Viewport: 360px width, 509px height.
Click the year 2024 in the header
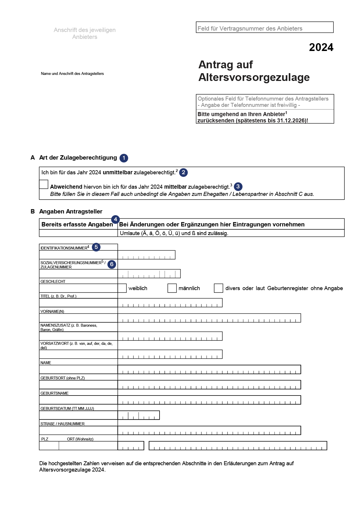321,47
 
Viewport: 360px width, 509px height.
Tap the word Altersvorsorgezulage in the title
254,77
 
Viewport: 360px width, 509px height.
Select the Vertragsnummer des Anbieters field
264,27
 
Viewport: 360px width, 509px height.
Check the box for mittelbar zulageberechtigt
43,184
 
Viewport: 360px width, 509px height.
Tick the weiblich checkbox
122,288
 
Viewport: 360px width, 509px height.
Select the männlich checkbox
172,288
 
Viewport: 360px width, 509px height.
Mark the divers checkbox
218,288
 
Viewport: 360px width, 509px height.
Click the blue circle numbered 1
124,158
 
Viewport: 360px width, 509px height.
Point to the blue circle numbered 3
238,186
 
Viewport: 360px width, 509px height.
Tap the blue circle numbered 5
96,247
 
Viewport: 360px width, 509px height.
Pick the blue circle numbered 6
112,264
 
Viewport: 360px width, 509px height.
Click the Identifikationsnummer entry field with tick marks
146,255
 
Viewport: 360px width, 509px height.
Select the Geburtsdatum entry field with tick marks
139,415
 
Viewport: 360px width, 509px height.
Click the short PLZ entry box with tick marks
131,446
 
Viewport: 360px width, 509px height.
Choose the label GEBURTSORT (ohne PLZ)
62,378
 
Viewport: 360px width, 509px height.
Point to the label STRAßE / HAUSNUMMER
62,424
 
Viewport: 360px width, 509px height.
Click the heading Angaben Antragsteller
71,211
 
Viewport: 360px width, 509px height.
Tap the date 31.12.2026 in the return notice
291,120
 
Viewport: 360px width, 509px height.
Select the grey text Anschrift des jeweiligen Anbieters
85,33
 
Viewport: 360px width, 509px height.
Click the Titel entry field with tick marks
170,303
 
